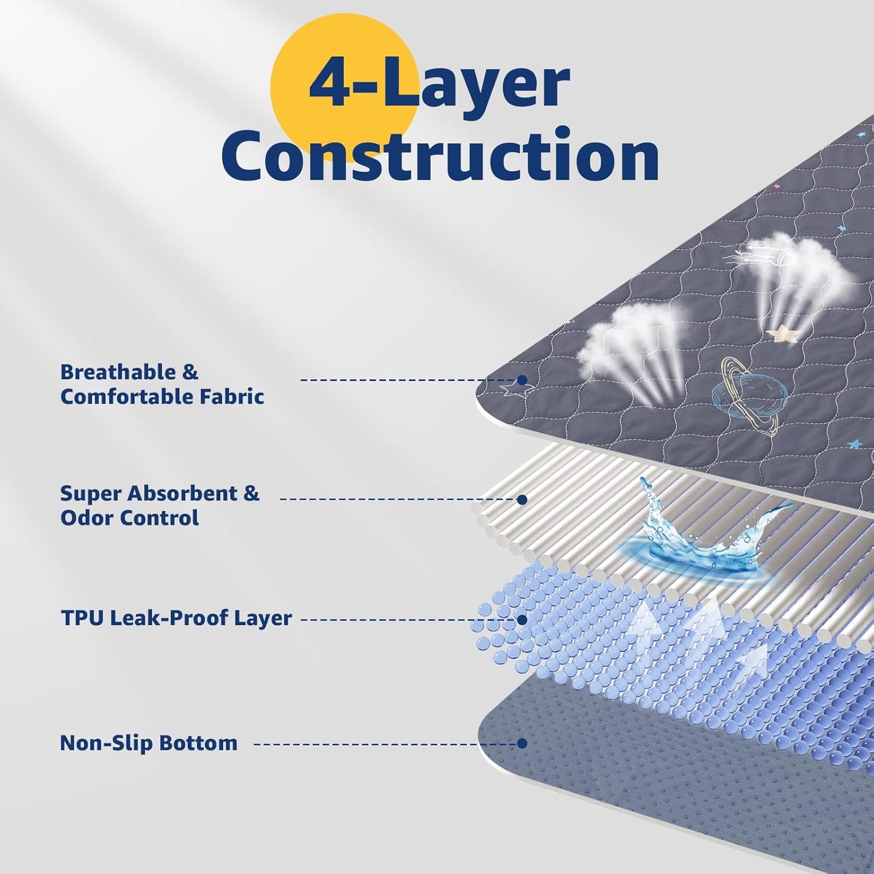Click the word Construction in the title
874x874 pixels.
pos(440,155)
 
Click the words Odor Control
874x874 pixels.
pos(129,518)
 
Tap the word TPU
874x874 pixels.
pos(82,618)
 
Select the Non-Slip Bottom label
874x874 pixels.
pos(149,743)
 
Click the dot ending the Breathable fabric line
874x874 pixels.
pos(523,380)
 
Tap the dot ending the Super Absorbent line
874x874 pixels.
pos(523,500)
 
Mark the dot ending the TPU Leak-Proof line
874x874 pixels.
pos(523,620)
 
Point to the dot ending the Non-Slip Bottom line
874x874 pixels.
pos(523,743)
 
